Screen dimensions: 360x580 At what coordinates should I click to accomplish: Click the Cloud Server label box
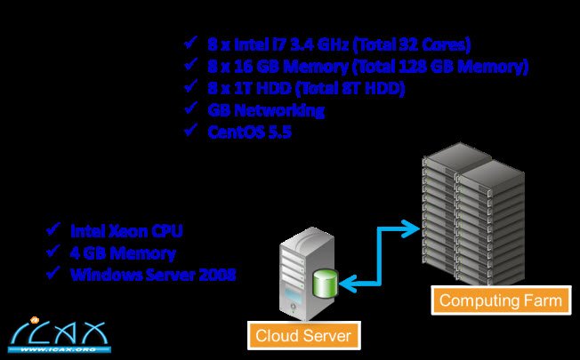(x=302, y=336)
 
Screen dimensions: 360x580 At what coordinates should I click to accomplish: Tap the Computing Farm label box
(x=501, y=300)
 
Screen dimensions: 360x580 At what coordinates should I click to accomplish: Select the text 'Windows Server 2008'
(x=153, y=275)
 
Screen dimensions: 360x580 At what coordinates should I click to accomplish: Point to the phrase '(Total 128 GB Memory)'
(x=439, y=66)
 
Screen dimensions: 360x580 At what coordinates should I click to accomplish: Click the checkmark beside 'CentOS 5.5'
(x=189, y=131)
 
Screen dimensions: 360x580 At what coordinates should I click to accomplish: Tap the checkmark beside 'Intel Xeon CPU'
(x=52, y=230)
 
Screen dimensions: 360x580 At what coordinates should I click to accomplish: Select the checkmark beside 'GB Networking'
(x=189, y=108)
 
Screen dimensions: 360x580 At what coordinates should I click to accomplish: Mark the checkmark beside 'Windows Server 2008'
(x=52, y=274)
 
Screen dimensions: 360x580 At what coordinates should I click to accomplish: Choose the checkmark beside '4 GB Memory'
(x=52, y=252)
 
